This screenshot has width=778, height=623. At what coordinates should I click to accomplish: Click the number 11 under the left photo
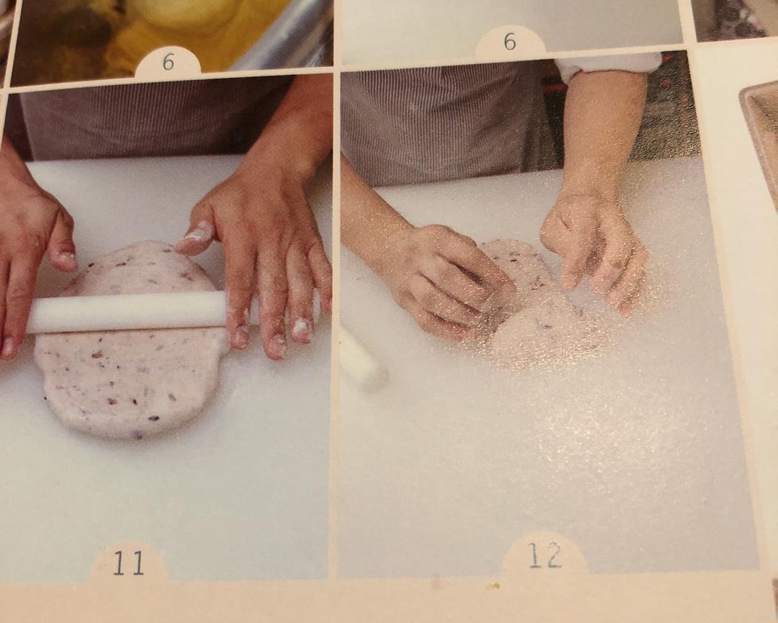coord(128,563)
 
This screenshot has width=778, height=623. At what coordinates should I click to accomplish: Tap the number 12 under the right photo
coord(545,555)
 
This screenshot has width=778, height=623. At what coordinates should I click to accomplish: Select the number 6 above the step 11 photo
coord(168,62)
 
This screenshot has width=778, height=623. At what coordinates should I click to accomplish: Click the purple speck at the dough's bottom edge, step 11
coord(138,435)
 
